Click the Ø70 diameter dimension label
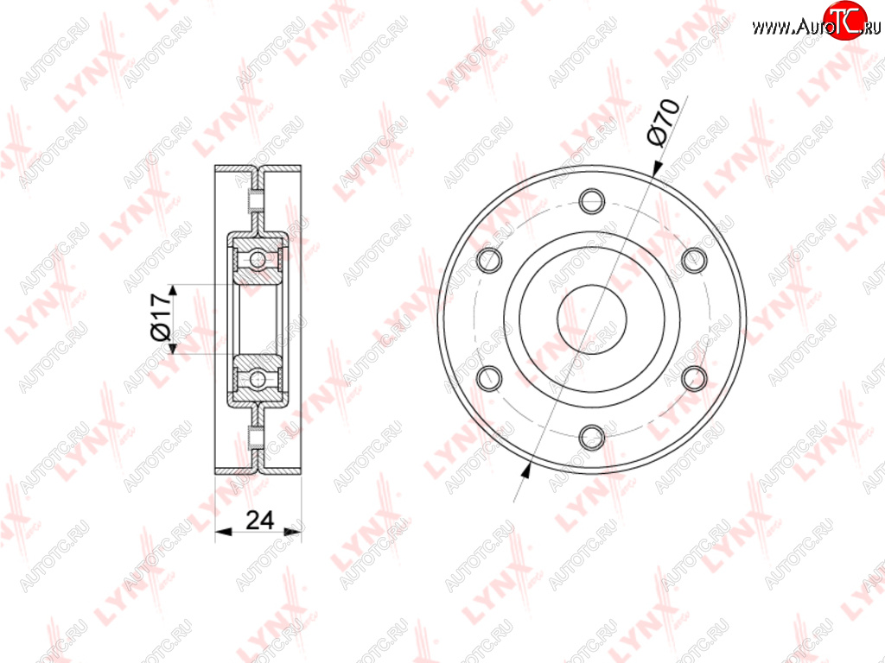pyautogui.click(x=663, y=123)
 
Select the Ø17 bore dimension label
pyautogui.click(x=161, y=318)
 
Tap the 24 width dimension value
pyautogui.click(x=260, y=520)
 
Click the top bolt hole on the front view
pyautogui.click(x=591, y=200)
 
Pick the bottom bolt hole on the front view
pyautogui.click(x=591, y=436)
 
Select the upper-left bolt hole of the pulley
pyautogui.click(x=489, y=260)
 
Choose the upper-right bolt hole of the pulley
pyautogui.click(x=694, y=260)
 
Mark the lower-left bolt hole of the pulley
pyautogui.click(x=489, y=378)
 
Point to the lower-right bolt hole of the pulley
pyautogui.click(x=694, y=378)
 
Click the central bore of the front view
pyautogui.click(x=591, y=319)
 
